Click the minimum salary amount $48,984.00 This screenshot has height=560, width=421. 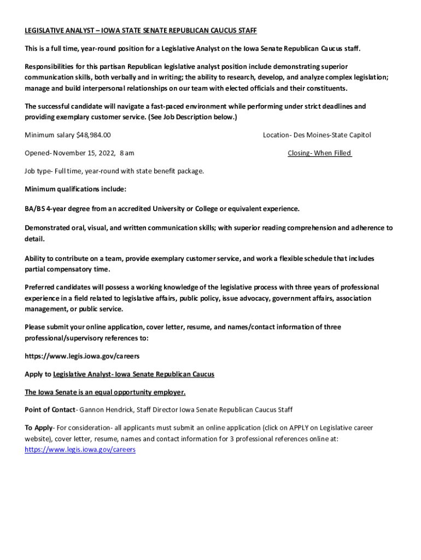coord(95,135)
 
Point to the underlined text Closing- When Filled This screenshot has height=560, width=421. coord(319,153)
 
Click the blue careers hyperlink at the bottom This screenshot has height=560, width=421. coord(80,450)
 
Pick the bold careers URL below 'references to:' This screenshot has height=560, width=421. coord(82,356)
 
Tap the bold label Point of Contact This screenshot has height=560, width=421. coord(49,410)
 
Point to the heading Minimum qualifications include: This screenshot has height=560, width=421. coord(75,189)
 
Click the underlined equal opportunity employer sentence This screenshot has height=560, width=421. coord(105,392)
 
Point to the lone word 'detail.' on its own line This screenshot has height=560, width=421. coord(34,240)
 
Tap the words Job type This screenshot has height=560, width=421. coord(37,171)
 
